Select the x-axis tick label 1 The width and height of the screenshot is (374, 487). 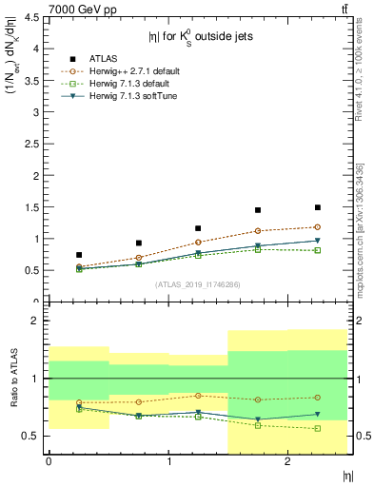(x=169, y=461)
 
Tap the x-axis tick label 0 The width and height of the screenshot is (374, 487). (x=49, y=461)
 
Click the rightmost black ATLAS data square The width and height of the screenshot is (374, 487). (x=318, y=207)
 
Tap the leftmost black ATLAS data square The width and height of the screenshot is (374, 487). (x=78, y=255)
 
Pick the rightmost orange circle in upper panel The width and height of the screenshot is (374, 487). (x=318, y=226)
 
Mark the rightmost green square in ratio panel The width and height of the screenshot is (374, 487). (x=318, y=428)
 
